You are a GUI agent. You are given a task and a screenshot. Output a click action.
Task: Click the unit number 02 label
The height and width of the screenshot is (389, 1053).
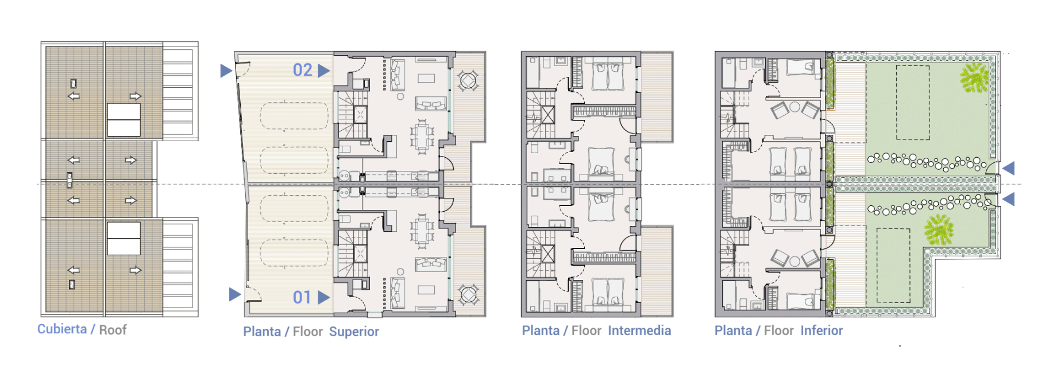tap(302, 70)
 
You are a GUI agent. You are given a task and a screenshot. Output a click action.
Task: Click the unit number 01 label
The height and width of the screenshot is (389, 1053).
tap(302, 297)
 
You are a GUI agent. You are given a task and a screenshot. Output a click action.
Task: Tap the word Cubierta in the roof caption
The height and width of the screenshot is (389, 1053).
tap(62, 329)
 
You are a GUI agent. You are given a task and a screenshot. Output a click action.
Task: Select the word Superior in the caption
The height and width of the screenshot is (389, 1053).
tap(354, 332)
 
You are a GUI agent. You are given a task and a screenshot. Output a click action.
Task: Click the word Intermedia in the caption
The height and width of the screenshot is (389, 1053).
tap(639, 330)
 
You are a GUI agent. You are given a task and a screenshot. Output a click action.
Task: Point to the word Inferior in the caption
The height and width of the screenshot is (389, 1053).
tap(821, 330)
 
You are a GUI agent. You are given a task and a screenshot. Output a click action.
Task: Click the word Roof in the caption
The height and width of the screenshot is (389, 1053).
tap(113, 330)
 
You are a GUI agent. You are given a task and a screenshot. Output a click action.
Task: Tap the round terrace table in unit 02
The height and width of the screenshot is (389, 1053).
tap(468, 80)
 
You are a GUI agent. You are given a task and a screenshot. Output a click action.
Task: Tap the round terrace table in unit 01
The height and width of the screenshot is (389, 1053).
tap(468, 295)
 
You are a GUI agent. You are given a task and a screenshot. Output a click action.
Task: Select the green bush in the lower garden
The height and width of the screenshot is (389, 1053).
tap(939, 229)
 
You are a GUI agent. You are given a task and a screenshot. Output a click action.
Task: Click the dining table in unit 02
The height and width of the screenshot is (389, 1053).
tap(422, 137)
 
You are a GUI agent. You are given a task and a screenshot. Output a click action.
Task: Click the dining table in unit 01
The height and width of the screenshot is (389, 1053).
tap(422, 231)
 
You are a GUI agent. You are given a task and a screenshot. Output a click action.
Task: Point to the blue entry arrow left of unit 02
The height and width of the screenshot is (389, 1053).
tap(226, 71)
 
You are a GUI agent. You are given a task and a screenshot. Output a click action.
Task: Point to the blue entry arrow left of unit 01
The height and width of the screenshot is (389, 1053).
tap(234, 294)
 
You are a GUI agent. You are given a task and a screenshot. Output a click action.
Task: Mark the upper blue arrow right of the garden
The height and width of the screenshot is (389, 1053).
tap(1008, 168)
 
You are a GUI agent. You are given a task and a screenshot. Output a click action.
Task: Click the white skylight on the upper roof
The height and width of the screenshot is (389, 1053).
tap(124, 120)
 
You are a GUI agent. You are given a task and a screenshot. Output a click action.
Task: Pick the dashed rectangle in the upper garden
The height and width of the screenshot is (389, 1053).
tap(913, 103)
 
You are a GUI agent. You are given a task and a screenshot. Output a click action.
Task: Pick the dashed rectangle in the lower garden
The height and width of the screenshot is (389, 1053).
tap(893, 265)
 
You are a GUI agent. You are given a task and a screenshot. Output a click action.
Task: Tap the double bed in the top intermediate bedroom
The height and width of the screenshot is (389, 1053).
tap(607, 76)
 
